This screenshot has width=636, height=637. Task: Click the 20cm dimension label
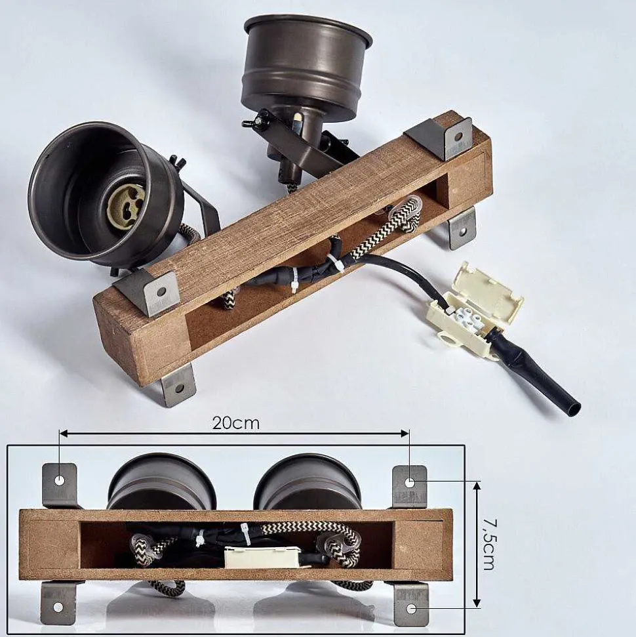(x=235, y=423)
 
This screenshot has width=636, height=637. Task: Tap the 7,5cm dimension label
(x=489, y=545)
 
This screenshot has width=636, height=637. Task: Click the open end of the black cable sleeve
(x=574, y=408)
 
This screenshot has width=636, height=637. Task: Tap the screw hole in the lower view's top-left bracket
(x=59, y=481)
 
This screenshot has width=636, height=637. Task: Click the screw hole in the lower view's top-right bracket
(x=410, y=483)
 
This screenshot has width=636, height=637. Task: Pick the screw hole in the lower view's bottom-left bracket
(x=58, y=607)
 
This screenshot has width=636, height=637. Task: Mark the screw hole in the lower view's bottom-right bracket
(x=411, y=609)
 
